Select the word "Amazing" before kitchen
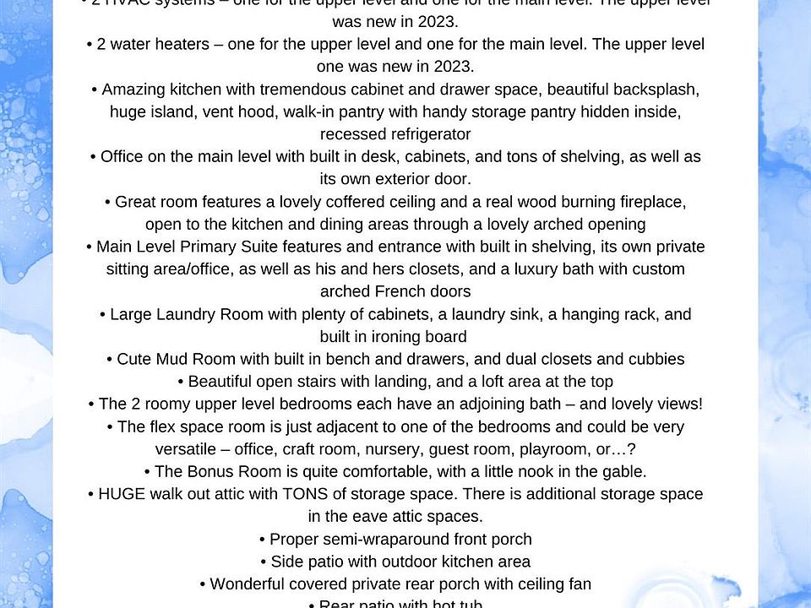128,90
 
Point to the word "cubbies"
656,359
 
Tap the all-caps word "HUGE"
122,494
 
